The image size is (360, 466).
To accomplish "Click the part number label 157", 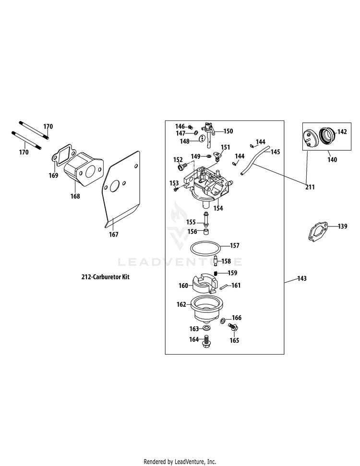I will click(234, 246).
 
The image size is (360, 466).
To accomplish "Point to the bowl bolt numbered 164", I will click(207, 341).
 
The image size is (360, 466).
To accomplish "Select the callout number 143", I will click(302, 278).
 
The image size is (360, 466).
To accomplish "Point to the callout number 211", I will click(310, 187).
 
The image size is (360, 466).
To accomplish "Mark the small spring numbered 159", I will click(216, 273).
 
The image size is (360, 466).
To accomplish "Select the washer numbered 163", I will click(207, 328).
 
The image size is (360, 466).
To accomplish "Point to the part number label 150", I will click(228, 131).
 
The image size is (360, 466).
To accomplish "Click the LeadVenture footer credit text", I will click(180, 462).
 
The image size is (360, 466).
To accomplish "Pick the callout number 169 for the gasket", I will click(53, 175).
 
